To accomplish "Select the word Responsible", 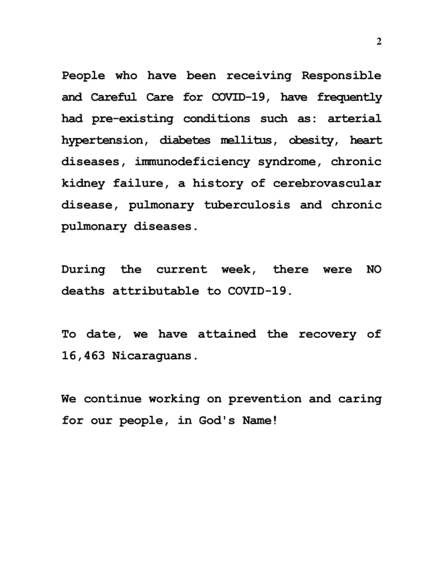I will [341, 76].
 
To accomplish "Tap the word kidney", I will [83, 183].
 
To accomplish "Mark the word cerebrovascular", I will [327, 183].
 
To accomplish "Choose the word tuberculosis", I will [247, 205].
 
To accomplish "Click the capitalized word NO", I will [374, 269].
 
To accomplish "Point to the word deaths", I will [83, 291].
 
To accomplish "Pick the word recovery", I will [327, 334].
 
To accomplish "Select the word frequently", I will [349, 97].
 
